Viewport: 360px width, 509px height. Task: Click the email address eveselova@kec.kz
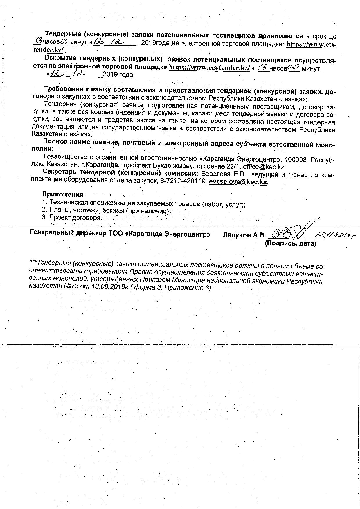click(238, 182)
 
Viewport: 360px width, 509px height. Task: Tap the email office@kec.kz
click(264, 167)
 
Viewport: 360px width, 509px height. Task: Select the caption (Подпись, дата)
click(290, 243)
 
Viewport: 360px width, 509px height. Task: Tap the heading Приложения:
click(64, 194)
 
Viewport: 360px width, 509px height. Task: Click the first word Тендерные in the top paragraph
click(61, 36)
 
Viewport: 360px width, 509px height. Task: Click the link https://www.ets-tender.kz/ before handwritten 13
click(209, 67)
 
